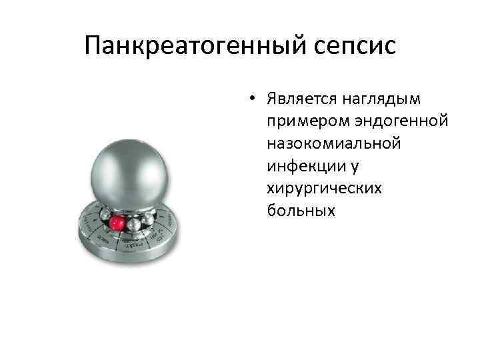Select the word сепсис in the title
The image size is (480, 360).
(357, 46)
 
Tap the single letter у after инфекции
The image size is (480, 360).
(339, 166)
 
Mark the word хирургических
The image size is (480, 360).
(325, 188)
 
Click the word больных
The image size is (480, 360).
(299, 210)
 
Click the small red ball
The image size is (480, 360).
(117, 222)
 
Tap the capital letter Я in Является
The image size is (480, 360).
(272, 100)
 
